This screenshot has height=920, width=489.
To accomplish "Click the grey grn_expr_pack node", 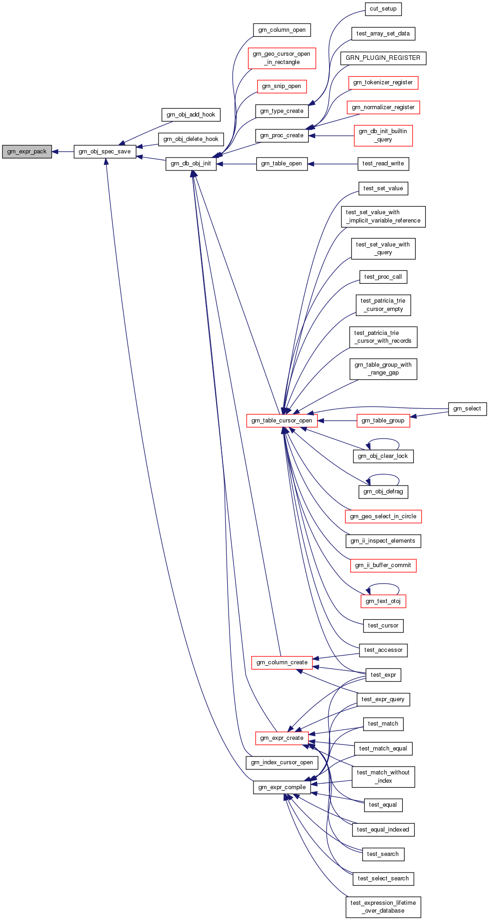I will tap(27, 152).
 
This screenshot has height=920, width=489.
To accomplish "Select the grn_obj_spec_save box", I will tap(105, 152).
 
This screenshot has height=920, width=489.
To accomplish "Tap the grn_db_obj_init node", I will tap(191, 164).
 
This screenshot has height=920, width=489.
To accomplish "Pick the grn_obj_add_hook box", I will tap(191, 115).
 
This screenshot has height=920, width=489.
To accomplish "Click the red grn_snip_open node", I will tap(281, 86).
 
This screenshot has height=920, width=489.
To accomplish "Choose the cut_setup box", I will tap(383, 9).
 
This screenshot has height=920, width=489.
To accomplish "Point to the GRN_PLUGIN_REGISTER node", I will tap(383, 58).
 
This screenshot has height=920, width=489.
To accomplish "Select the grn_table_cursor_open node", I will tap(282, 421).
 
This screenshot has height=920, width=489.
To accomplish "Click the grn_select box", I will tap(467, 409).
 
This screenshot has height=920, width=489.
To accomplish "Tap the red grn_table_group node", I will tap(383, 421).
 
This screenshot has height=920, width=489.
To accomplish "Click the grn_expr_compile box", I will tap(282, 787).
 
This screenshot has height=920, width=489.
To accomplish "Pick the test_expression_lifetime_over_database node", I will tap(383, 907).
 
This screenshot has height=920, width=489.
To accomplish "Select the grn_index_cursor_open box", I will tap(282, 762).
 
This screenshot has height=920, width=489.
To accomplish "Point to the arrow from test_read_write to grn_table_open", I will tap(332, 164).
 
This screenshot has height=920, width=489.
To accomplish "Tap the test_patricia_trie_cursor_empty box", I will tap(383, 305).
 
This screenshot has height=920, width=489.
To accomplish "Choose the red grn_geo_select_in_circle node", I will tap(383, 516).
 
